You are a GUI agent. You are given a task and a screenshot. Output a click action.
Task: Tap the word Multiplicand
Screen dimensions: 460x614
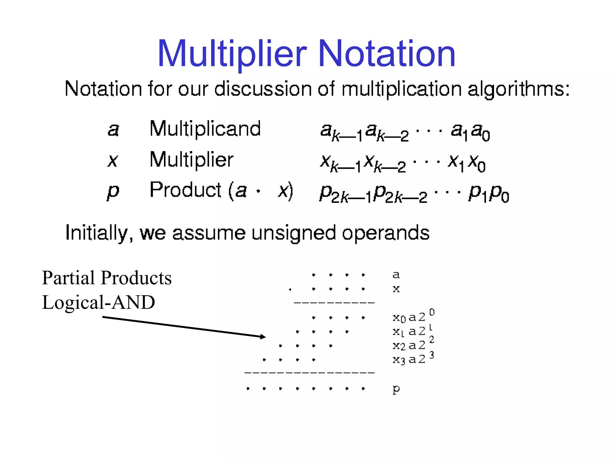coord(205,129)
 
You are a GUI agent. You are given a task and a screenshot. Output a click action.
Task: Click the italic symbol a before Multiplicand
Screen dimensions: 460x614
coord(113,130)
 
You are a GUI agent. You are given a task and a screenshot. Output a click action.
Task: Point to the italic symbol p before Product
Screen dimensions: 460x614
coord(113,192)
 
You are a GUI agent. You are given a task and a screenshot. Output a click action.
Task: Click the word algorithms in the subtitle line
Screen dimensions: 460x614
coord(518,89)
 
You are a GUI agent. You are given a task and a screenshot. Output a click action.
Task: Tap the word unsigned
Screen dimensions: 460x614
coord(293,233)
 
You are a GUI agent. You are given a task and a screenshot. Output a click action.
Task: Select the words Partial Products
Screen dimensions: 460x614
coord(107,278)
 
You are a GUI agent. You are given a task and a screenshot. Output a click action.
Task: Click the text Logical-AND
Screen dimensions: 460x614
coord(98,302)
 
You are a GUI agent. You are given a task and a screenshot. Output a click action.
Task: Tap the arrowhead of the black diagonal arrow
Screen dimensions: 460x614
coord(263,337)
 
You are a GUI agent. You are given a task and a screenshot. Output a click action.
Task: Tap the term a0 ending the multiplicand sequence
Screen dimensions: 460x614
coord(481,132)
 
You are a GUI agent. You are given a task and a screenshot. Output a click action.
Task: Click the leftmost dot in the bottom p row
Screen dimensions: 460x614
coord(248,389)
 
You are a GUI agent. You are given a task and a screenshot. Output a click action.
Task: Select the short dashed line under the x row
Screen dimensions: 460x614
coord(334,303)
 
